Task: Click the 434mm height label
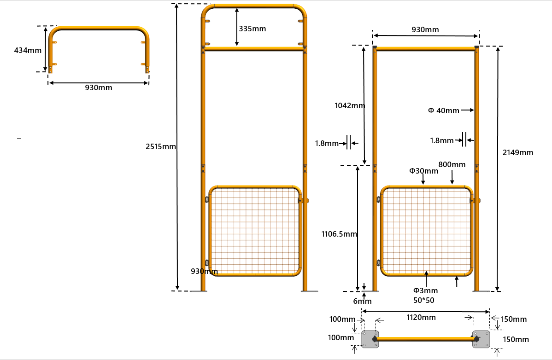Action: point(28,50)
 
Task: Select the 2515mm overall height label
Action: point(161,147)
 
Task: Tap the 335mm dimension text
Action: point(252,29)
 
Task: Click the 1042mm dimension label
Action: point(350,105)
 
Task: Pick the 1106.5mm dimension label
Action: point(339,234)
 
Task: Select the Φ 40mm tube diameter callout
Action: point(443,110)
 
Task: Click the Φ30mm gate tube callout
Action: point(423,171)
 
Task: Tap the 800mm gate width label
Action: point(452,164)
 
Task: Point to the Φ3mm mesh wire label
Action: point(425,290)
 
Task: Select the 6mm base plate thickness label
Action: point(362,302)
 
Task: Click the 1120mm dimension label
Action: point(421,317)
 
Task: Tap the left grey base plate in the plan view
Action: point(370,339)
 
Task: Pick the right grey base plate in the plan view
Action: point(481,339)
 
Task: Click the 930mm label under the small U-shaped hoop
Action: point(98,87)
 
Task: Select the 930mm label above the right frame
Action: point(425,30)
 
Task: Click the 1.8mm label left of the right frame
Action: point(327,144)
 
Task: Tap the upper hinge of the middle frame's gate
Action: point(207,200)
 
